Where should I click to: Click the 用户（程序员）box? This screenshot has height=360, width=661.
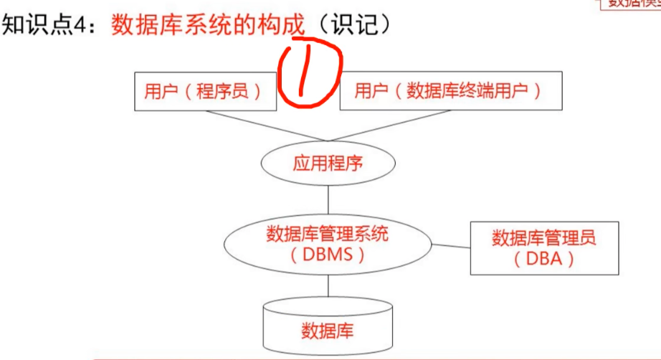coord(204,92)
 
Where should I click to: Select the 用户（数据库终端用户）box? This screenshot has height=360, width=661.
coord(450,92)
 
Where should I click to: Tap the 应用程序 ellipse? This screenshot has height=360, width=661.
coord(328,164)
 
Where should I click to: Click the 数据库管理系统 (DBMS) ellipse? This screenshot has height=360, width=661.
coord(328,244)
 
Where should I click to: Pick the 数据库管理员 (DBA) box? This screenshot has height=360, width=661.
coord(544,248)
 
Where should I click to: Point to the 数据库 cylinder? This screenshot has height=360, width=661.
coord(328,331)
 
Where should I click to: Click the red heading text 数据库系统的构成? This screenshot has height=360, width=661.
coord(209,26)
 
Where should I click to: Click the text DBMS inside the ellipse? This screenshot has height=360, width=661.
coord(328,255)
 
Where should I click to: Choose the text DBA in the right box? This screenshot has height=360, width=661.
coord(544,259)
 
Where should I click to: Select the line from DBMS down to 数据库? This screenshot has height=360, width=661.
coord(328,287)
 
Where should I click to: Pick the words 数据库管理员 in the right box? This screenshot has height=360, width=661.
coord(544,237)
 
